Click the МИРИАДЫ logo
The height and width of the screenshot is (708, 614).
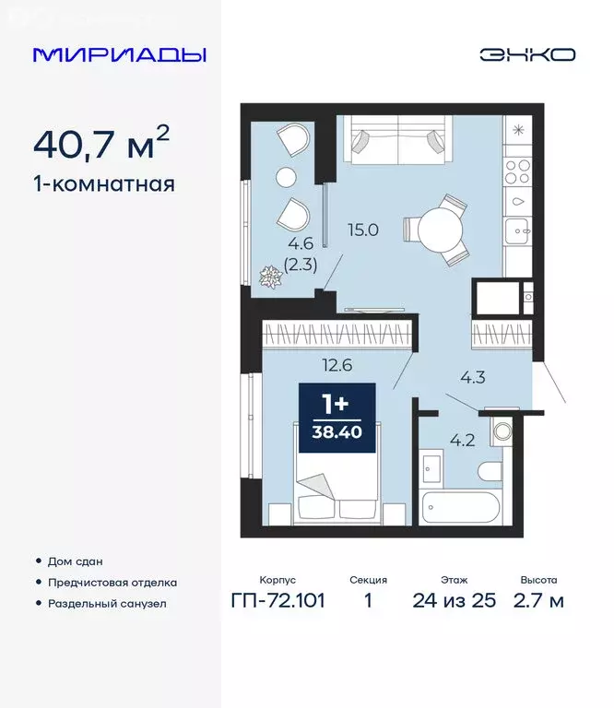(x=120, y=54)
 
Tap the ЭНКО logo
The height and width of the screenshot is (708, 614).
(x=526, y=54)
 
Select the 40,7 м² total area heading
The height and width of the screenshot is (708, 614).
(x=101, y=144)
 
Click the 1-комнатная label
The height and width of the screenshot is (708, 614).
(x=103, y=183)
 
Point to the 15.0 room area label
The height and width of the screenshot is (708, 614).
(x=363, y=230)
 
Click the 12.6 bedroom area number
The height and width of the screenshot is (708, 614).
(x=337, y=364)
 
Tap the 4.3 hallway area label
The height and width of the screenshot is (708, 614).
(x=474, y=376)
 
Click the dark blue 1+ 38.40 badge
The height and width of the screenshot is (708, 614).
(x=337, y=418)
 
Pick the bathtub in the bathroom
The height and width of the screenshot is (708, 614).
(x=471, y=508)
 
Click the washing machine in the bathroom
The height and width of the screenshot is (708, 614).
(x=502, y=431)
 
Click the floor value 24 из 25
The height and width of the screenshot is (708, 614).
(x=455, y=601)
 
